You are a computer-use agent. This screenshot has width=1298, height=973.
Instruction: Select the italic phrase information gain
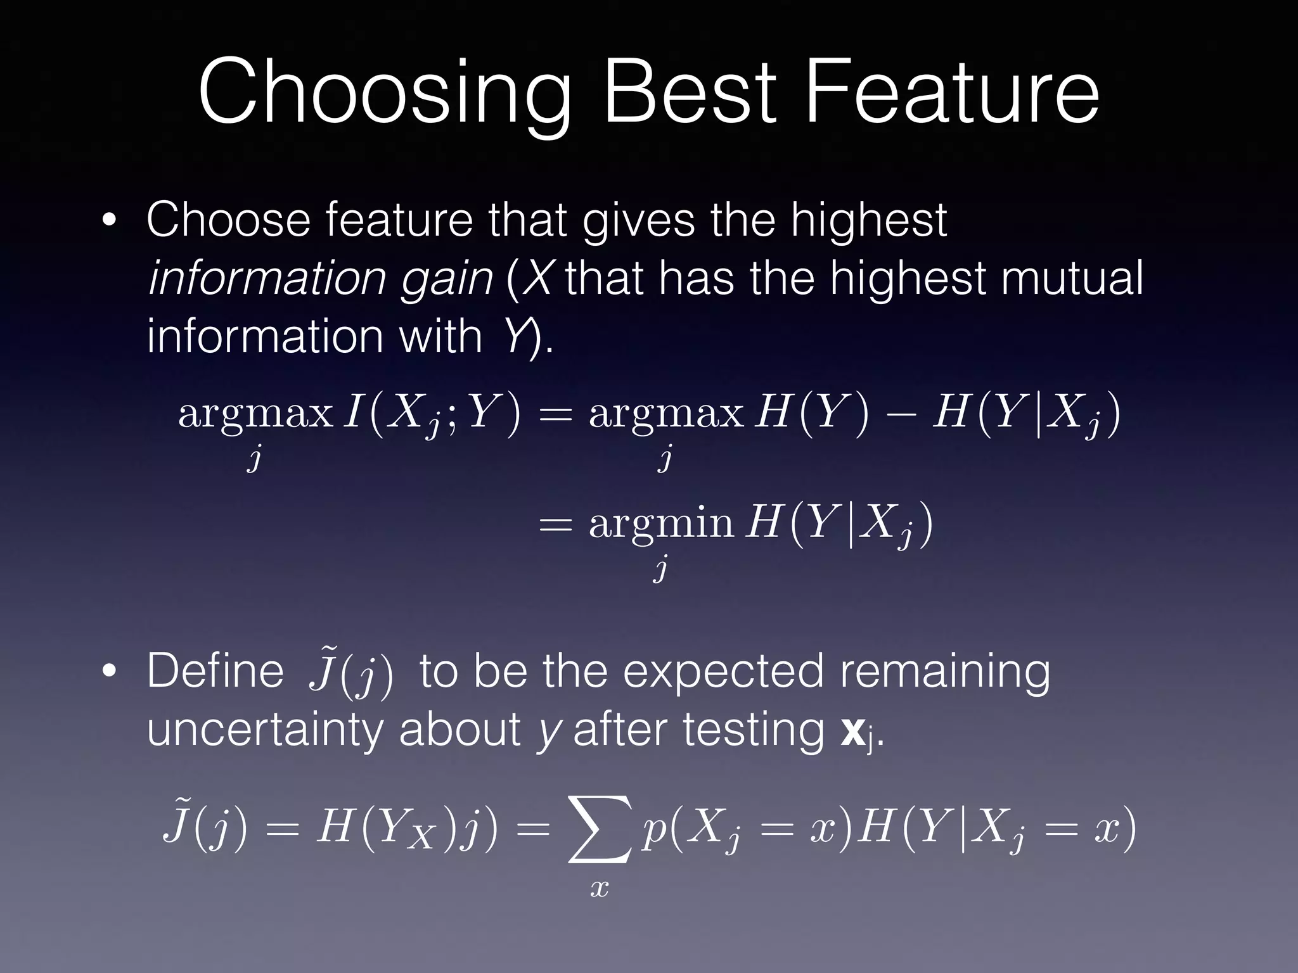coord(320,279)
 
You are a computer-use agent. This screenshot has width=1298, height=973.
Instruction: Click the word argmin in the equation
coord(660,524)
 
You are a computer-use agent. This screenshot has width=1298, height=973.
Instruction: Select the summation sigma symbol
coord(600,830)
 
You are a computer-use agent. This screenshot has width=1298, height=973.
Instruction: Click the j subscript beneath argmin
coord(660,568)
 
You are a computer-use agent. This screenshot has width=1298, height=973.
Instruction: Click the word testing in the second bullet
coord(753,730)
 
